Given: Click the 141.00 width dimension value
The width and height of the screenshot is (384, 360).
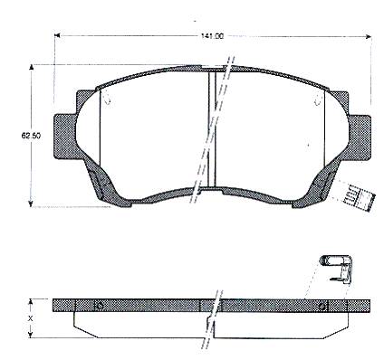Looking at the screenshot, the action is [213, 36].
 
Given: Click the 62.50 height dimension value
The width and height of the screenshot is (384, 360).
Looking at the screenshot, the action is [31, 136].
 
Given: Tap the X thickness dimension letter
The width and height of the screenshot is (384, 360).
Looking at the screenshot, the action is [30, 317].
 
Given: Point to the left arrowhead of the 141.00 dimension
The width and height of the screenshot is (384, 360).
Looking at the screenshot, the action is [57, 36].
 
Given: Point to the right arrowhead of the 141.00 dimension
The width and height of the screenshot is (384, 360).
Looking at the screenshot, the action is [368, 36].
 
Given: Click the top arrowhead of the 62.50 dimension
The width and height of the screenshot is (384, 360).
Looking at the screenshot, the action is [31, 69].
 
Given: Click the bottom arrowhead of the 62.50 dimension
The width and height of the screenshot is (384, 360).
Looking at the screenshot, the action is [31, 204].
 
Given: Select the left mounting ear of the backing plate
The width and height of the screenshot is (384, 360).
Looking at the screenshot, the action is [65, 137].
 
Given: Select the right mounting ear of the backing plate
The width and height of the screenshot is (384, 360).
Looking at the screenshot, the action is [360, 137].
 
